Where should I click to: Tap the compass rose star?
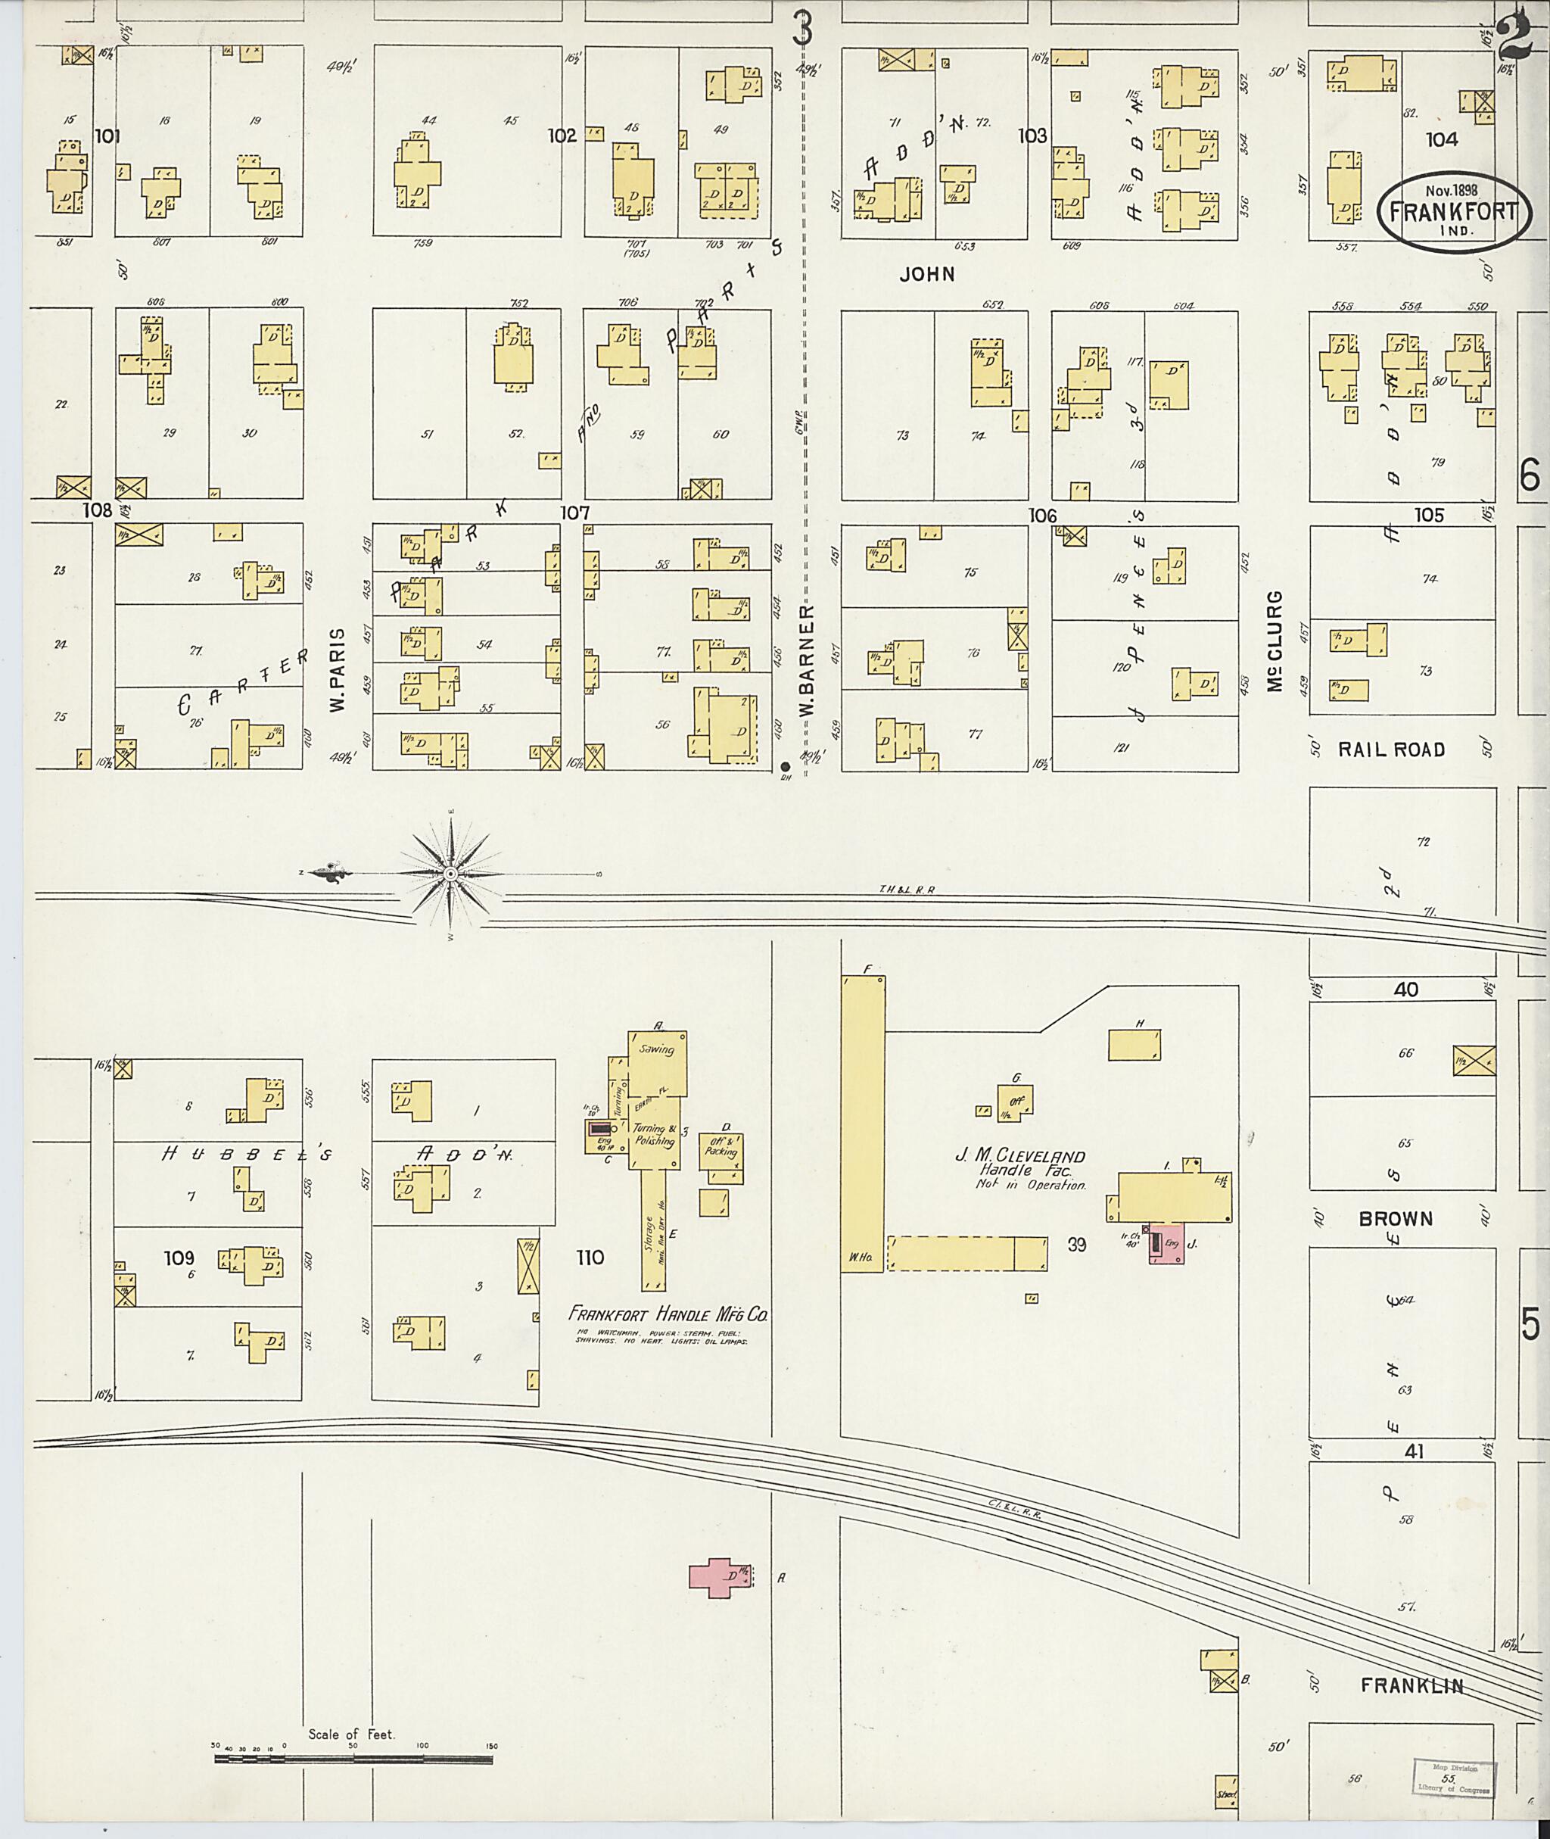click(x=450, y=873)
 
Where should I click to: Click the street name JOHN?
click(x=926, y=274)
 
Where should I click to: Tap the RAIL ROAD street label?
click(x=1391, y=749)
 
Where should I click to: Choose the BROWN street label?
click(x=1396, y=1218)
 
